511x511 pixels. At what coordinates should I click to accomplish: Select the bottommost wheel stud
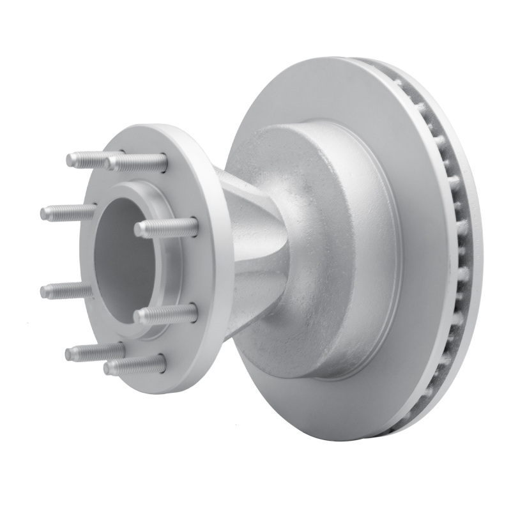pos(134,365)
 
